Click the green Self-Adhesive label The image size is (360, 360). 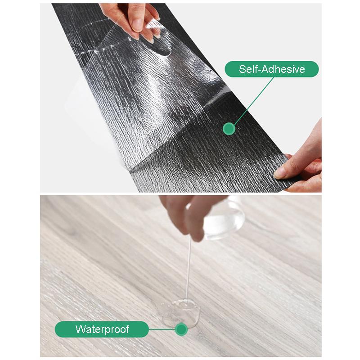[x=272, y=69]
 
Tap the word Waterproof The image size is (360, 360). [x=102, y=329]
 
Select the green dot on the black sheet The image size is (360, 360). [x=229, y=129]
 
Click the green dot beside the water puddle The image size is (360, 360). [x=181, y=329]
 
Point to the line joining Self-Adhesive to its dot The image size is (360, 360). [x=252, y=101]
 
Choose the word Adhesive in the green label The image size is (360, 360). [x=282, y=69]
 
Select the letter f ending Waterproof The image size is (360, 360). [x=127, y=329]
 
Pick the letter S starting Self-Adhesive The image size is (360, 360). [x=242, y=69]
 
